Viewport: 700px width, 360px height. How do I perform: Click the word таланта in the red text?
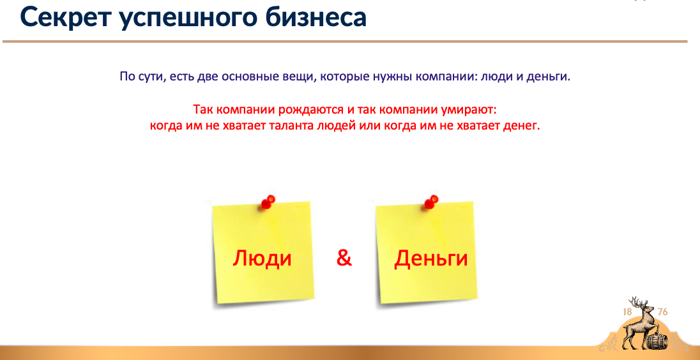point(291,126)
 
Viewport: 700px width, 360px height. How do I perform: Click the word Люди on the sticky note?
point(262,259)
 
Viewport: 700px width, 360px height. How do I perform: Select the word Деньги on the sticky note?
point(431,259)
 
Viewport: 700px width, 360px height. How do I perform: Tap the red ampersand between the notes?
point(344,259)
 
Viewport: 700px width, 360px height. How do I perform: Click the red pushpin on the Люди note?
point(268,202)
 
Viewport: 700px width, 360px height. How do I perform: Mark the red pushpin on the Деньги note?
point(431,202)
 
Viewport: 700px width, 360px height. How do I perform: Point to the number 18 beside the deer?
point(627,312)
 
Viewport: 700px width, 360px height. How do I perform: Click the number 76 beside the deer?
point(662,312)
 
